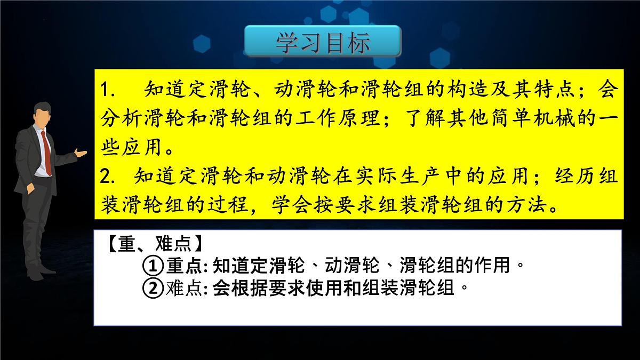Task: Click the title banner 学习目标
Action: point(323,42)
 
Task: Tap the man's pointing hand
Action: point(81,153)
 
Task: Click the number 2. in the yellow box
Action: point(109,176)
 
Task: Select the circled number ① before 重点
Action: point(153,265)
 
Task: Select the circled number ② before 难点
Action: point(153,289)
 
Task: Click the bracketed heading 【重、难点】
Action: point(154,244)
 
